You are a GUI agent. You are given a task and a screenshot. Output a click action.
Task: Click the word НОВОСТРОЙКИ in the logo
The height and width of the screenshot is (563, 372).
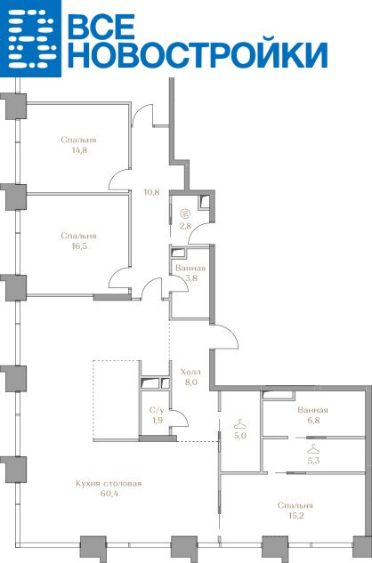[x=198, y=55]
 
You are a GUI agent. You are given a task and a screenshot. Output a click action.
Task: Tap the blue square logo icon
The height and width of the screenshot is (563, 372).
[x=30, y=38]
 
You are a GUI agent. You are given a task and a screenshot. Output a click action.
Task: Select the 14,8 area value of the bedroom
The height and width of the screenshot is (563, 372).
[x=79, y=150]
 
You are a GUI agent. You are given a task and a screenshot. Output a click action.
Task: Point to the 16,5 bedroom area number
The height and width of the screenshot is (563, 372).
[x=79, y=246]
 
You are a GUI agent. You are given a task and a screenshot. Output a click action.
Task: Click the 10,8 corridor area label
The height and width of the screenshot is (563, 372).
[x=151, y=192]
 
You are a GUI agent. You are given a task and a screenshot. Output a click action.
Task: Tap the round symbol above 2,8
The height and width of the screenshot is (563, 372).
[x=186, y=213]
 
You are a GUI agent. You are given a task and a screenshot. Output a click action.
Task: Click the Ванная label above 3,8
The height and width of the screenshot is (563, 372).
[x=190, y=269]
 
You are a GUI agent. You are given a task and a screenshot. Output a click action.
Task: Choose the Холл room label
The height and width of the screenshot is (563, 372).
[x=190, y=372]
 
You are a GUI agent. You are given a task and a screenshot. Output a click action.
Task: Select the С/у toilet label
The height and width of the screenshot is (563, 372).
[x=157, y=410]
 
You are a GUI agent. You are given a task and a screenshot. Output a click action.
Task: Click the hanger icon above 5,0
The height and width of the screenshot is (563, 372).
[x=240, y=424]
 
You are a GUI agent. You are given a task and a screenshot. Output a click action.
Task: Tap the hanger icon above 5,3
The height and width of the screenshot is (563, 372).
[x=313, y=448]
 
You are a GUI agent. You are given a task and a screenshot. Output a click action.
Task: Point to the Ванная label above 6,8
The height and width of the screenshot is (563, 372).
[x=312, y=410]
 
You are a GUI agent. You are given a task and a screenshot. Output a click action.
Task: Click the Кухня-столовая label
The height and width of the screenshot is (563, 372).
[x=109, y=483]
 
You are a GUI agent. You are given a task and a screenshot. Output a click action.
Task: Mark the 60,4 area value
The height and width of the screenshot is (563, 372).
[x=109, y=494]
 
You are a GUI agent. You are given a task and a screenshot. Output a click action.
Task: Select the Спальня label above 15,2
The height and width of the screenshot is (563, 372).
[x=295, y=505]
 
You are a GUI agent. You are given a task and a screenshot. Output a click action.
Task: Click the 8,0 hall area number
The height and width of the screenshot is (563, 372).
[x=190, y=382]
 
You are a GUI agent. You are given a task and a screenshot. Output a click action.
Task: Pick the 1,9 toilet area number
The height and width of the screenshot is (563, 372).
[x=157, y=420]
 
